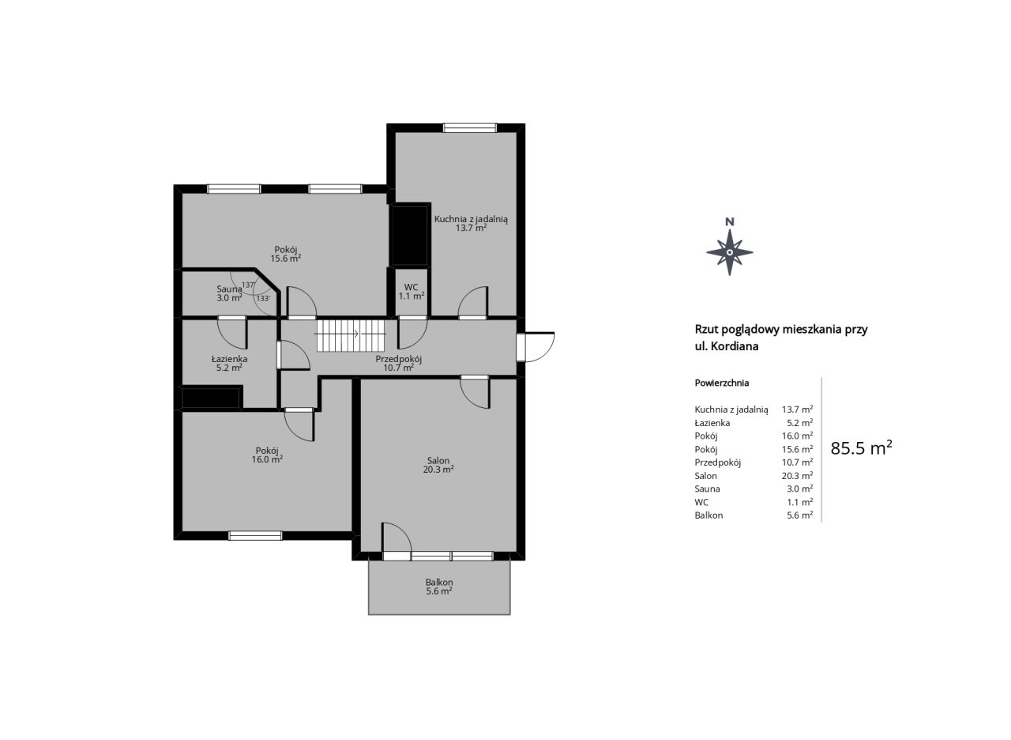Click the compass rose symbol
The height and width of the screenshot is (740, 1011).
point(729,252)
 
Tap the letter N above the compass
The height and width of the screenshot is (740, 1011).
point(729,222)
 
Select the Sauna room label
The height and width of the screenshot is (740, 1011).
point(229,289)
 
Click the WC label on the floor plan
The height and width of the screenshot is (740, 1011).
point(411,287)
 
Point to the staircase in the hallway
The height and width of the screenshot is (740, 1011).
point(350,334)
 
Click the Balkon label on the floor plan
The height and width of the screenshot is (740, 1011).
point(438,583)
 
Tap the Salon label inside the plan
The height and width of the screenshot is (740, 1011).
point(438,461)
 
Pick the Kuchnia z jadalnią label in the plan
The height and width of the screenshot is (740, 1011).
point(471,220)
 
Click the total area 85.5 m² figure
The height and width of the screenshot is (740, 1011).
point(861,447)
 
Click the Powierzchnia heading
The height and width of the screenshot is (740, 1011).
point(722,383)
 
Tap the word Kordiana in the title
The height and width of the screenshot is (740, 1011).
point(736,346)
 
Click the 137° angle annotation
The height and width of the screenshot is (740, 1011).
point(248,285)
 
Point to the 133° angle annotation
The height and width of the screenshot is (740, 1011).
point(263,298)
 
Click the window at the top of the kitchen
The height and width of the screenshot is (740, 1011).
point(470,128)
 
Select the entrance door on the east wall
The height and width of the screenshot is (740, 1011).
point(536,347)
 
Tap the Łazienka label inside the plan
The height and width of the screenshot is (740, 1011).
point(229,359)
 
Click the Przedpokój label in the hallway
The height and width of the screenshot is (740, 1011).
point(399,360)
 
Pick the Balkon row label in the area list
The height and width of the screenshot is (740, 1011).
point(708,515)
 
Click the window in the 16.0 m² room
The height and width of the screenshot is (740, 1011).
point(255,535)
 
